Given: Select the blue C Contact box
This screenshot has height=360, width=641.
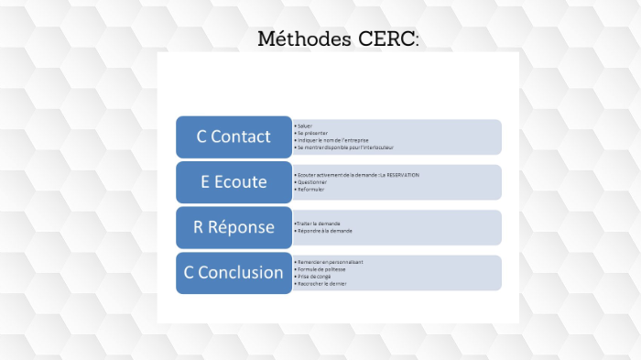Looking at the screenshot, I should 234,136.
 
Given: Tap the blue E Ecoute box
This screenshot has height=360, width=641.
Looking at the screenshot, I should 234,181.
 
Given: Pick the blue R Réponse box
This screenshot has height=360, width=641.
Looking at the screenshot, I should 234,227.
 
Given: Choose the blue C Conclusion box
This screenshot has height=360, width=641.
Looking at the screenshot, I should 234,272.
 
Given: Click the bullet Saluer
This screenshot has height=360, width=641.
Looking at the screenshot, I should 305,125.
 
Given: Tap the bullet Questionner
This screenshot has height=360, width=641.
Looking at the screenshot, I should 312,181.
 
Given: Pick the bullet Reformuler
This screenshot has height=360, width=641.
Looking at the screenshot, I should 311,189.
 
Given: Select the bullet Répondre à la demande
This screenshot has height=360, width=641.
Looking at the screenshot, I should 324,231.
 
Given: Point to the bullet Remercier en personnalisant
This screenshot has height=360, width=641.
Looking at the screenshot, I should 330,262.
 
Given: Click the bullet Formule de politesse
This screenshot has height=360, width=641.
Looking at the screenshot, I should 321,269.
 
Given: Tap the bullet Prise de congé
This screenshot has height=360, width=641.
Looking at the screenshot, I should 314,277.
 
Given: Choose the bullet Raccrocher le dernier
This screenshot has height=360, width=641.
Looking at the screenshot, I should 321,284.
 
